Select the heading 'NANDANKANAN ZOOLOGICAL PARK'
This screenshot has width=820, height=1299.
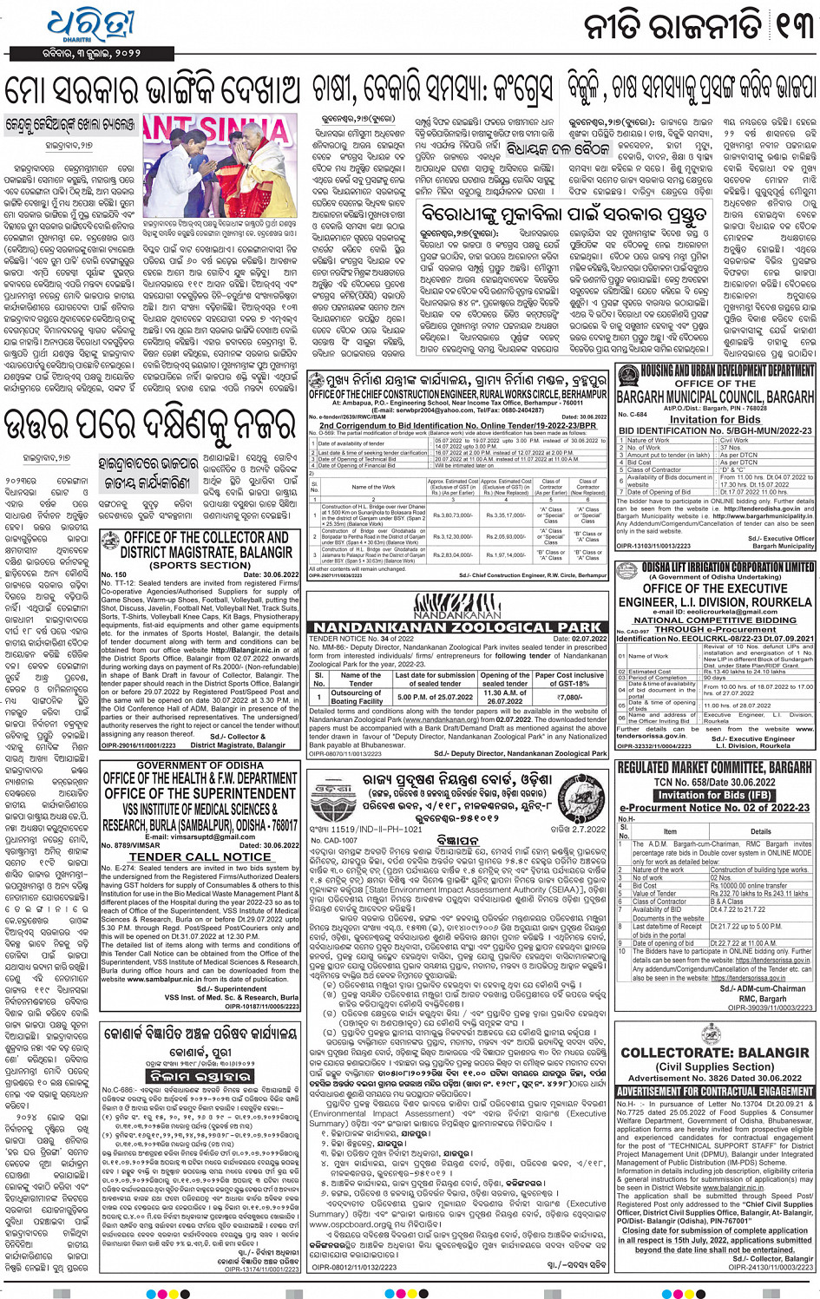[x=456, y=627]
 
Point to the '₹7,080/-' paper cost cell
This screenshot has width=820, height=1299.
[x=569, y=697]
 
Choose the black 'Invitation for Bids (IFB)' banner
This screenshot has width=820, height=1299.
[x=713, y=795]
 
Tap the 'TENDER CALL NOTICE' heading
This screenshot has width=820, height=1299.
[x=200, y=856]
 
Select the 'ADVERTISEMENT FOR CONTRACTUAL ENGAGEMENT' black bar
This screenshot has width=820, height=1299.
[x=714, y=1091]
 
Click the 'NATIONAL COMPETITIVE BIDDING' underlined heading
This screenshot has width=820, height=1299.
[x=714, y=620]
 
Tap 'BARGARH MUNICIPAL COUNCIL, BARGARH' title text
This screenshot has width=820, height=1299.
[x=714, y=397]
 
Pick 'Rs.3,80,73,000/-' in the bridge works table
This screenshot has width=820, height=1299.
[x=451, y=515]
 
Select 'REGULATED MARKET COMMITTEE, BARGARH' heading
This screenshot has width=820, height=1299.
[x=714, y=768]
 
